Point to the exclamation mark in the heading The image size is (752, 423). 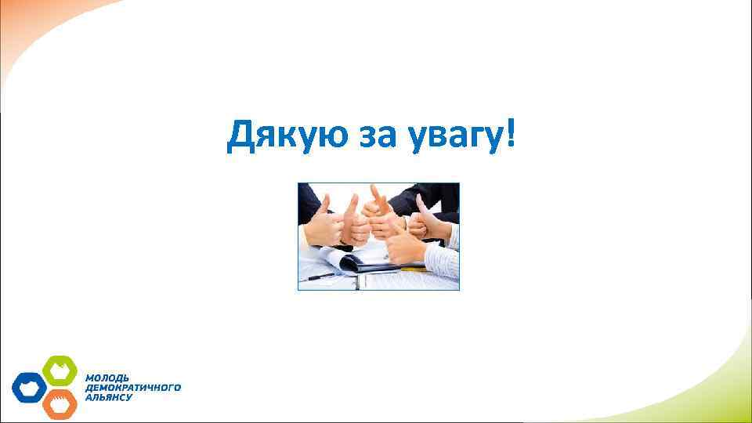pyautogui.click(x=512, y=135)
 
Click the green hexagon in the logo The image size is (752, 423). pyautogui.click(x=59, y=369)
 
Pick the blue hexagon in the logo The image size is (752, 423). pyautogui.click(x=29, y=387)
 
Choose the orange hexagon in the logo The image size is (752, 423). pyautogui.click(x=59, y=403)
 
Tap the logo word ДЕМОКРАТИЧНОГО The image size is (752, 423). pyautogui.click(x=132, y=387)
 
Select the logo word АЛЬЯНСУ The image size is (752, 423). pyautogui.click(x=109, y=397)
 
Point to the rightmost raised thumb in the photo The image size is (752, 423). pyautogui.click(x=421, y=202)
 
